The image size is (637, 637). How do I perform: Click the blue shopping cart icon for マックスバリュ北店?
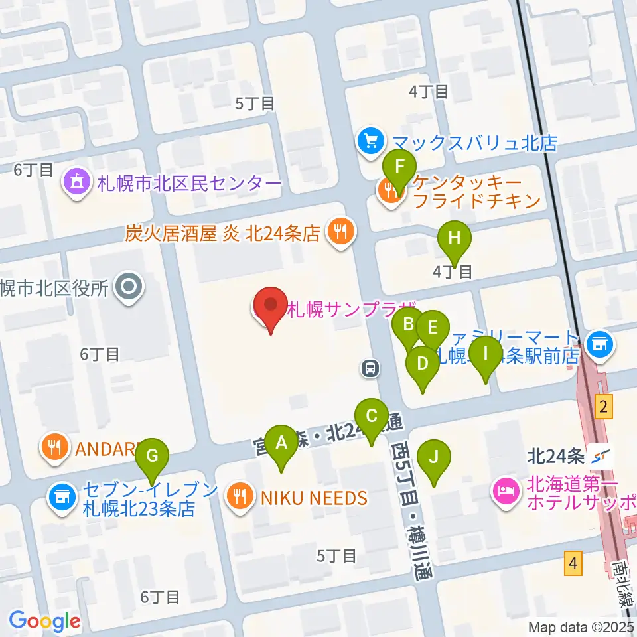tap(370, 140)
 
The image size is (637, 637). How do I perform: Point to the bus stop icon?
tap(370, 368)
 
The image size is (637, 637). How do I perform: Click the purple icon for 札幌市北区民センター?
tap(77, 182)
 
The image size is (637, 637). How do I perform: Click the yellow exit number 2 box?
tap(602, 407)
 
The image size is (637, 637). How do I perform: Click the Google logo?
tap(44, 621)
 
